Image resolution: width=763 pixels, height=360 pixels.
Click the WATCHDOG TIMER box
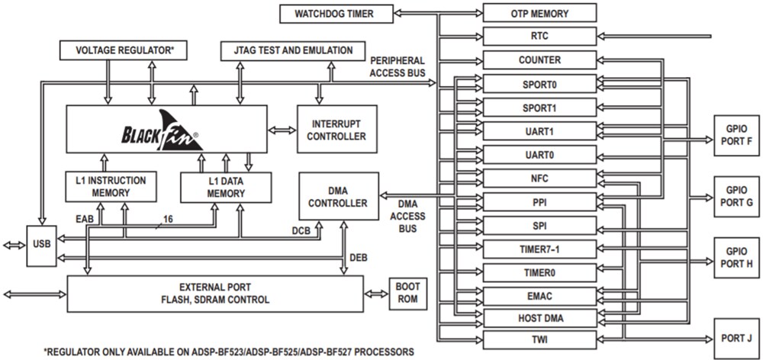coord(336,13)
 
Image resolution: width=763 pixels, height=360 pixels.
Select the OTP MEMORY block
coord(539,13)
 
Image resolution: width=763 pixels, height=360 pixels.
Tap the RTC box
coord(539,36)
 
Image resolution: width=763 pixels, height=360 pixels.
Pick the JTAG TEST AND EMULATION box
coord(287,51)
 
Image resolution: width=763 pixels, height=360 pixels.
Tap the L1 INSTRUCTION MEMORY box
coord(111,187)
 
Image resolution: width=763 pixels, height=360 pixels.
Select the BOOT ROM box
coord(404,294)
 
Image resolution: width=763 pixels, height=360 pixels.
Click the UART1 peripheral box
coord(539,131)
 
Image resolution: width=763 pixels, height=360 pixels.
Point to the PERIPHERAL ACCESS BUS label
coord(397,66)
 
